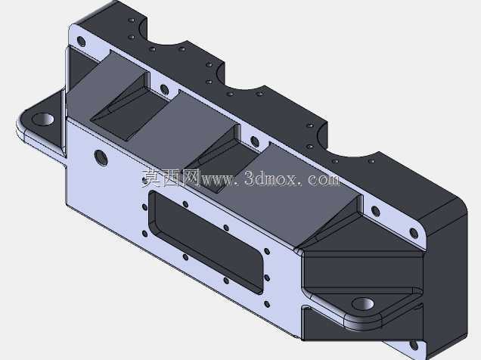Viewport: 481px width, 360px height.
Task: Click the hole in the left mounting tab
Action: [43, 119]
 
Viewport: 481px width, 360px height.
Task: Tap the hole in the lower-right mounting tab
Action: [363, 304]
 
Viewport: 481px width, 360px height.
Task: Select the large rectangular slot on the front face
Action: [206, 242]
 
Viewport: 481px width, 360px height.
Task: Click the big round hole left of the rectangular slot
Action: [101, 157]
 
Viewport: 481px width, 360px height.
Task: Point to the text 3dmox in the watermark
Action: [271, 178]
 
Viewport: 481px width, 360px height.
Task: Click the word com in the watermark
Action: [324, 178]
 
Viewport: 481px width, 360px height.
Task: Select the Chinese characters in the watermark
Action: [171, 178]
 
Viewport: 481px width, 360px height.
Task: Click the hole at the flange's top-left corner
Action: [81, 42]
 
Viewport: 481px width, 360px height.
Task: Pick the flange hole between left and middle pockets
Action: [164, 89]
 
